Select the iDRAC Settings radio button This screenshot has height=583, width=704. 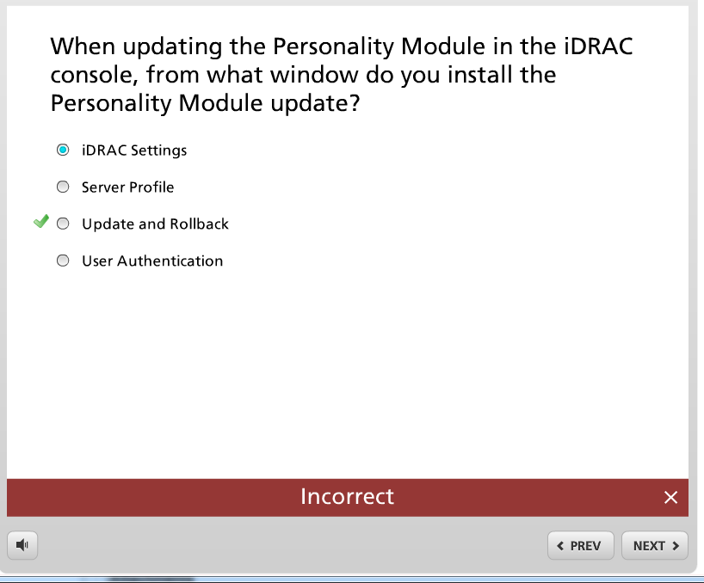click(63, 150)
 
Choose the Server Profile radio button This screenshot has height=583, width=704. click(63, 187)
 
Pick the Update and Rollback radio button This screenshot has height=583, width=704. click(63, 224)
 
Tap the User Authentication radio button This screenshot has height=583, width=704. click(63, 260)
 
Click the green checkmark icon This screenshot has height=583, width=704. click(41, 221)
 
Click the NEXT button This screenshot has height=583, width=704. click(655, 545)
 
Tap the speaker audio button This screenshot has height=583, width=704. click(22, 545)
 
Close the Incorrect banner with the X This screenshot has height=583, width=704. click(670, 497)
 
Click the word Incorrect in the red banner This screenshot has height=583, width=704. click(347, 496)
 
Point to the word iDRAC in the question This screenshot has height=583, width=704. click(598, 46)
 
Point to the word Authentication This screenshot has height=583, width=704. click(170, 261)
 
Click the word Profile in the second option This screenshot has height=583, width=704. click(152, 187)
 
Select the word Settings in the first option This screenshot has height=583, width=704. click(159, 150)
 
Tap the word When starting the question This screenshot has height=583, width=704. click(83, 46)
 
